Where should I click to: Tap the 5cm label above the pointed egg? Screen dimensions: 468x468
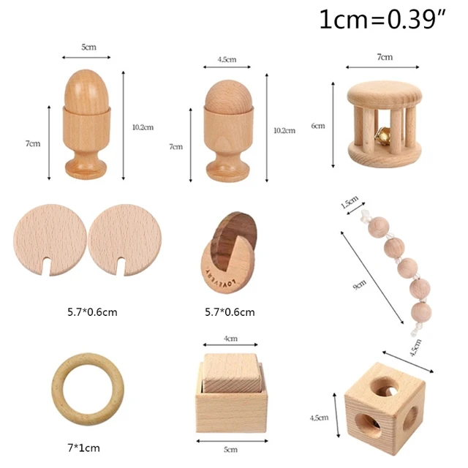coord(88,47)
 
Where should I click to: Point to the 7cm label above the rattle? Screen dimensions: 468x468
coord(385,56)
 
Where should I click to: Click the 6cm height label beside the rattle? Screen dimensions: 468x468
coord(317,126)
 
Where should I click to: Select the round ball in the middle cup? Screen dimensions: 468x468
coord(227,96)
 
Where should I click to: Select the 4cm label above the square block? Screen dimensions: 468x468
coord(231,339)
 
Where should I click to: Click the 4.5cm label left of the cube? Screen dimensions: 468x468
coord(319,418)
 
